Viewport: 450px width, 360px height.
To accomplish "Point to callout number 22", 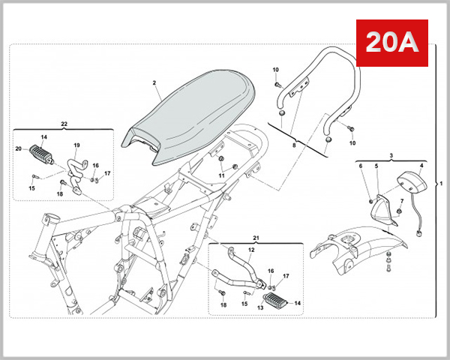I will (64, 123).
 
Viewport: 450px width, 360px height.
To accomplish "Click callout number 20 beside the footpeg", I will (19, 149).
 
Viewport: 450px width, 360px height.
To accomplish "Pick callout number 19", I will (76, 145).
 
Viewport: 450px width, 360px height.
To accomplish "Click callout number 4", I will (421, 166).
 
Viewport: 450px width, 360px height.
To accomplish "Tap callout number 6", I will (361, 166).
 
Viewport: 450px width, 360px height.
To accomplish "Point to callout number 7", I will (402, 201).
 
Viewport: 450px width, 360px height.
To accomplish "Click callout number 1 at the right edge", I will (441, 183).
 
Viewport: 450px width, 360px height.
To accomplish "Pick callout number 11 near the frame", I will (222, 175).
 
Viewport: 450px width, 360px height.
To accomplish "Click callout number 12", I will (252, 249).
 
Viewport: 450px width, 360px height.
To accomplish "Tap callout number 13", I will (261, 307).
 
